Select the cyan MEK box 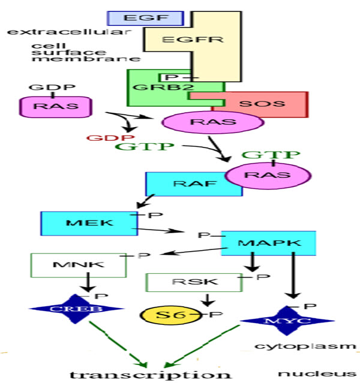pyautogui.click(x=80, y=223)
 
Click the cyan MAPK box pyautogui.click(x=269, y=243)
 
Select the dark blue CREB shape pyautogui.click(x=76, y=309)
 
